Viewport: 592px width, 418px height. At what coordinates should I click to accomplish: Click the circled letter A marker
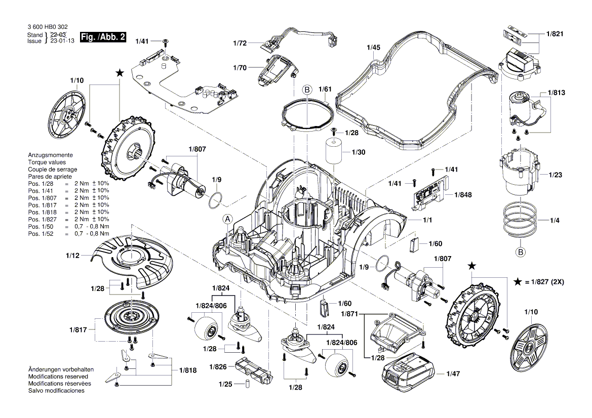point(228,219)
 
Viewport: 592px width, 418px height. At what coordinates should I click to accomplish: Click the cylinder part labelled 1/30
point(335,152)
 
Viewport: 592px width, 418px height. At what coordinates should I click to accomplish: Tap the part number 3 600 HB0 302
point(47,27)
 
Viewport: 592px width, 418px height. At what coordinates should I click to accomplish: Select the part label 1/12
point(72,256)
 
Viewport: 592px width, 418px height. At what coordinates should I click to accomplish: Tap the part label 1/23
point(555,175)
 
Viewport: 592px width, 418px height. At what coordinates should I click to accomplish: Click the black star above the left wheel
point(120,73)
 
